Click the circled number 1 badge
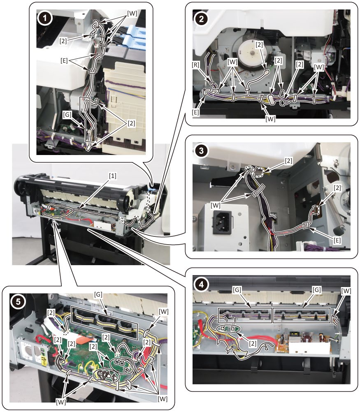[x=45, y=18]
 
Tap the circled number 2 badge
[x=201, y=19]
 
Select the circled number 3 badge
[x=201, y=151]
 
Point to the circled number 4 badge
[x=201, y=285]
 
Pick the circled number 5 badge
[x=18, y=301]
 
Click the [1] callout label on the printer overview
[x=113, y=176]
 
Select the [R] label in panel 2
[x=195, y=65]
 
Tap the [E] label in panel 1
[x=64, y=61]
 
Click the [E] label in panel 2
[x=195, y=113]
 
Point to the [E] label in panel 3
[x=337, y=240]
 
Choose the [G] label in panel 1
[x=67, y=115]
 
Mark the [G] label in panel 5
[x=98, y=295]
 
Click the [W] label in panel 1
[x=132, y=14]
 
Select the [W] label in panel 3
[x=216, y=205]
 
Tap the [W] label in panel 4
[x=346, y=291]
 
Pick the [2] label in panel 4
[x=253, y=343]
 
